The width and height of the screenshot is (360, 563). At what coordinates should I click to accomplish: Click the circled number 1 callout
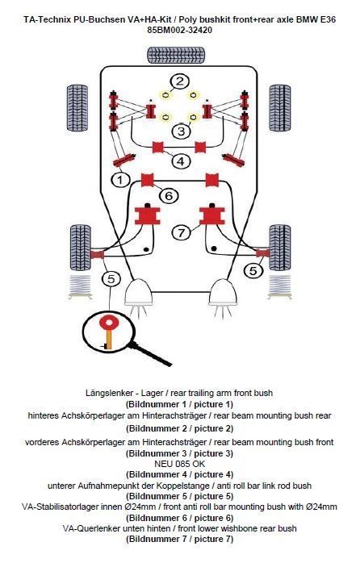(120, 179)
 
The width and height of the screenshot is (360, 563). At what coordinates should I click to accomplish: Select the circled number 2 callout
(180, 81)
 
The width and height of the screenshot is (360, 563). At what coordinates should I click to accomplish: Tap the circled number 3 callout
(181, 131)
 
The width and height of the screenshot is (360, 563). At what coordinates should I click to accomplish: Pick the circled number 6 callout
(169, 196)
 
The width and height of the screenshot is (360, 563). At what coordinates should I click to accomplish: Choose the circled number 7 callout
(182, 233)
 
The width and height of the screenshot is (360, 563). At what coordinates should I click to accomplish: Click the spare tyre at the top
(177, 56)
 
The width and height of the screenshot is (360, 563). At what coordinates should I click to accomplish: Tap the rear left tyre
(77, 108)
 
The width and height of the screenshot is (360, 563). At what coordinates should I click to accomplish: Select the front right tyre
(280, 248)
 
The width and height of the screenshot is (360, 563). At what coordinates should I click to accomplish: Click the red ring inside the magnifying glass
(108, 322)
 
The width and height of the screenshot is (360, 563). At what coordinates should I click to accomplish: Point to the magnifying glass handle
(150, 354)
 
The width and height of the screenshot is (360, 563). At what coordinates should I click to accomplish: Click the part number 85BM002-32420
(180, 30)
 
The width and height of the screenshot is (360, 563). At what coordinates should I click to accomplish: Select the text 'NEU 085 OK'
(180, 464)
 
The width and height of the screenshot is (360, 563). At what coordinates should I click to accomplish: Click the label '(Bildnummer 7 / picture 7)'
(180, 539)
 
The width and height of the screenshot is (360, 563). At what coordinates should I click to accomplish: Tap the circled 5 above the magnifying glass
(111, 278)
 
